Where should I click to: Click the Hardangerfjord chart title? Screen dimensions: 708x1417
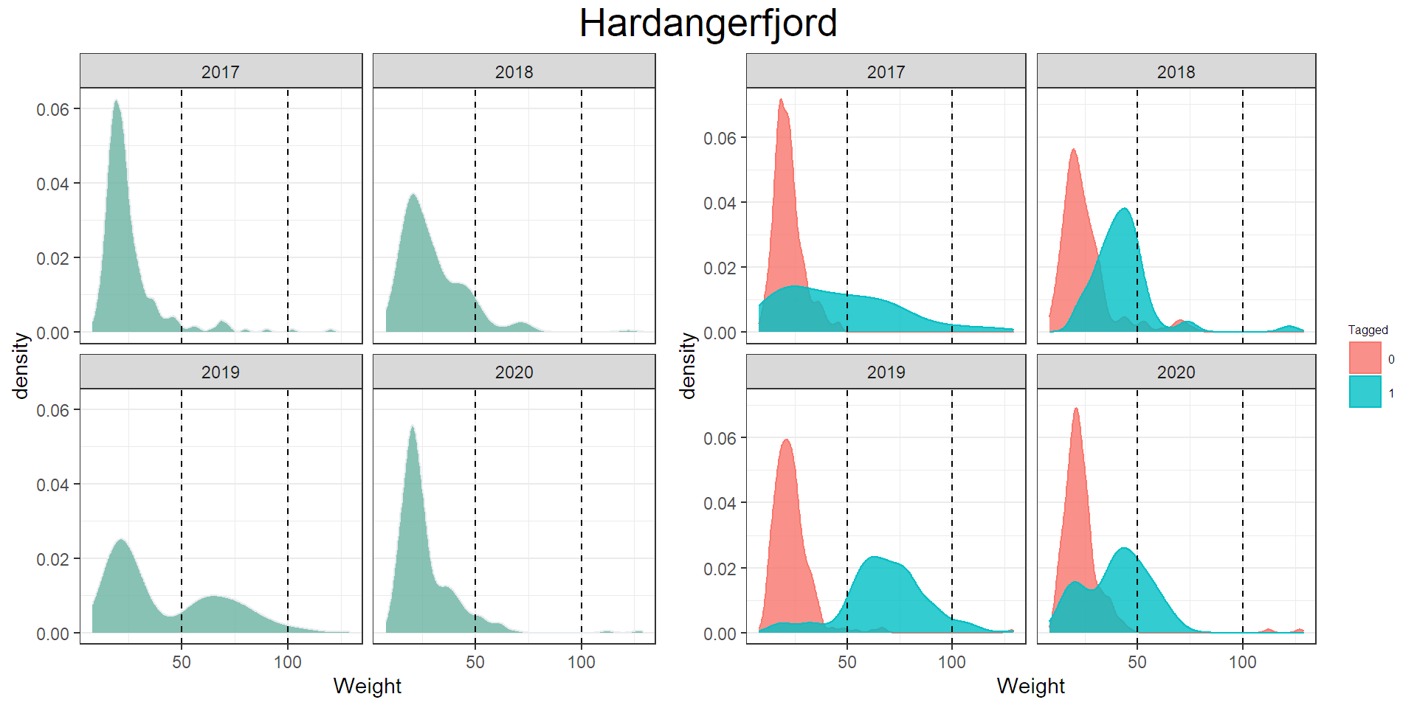click(708, 24)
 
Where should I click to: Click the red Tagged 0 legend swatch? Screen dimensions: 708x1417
click(1365, 358)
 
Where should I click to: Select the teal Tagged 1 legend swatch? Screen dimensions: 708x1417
click(1365, 392)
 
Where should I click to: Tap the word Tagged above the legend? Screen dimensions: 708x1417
click(1368, 330)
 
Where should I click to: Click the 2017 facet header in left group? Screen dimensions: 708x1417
click(221, 72)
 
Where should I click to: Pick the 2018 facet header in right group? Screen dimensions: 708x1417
click(1176, 72)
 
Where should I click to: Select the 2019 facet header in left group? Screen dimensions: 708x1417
click(221, 372)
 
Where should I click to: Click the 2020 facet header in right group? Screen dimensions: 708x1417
click(1176, 372)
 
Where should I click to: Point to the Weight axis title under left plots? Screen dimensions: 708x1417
click(367, 686)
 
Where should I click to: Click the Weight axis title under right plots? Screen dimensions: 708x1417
click(1030, 686)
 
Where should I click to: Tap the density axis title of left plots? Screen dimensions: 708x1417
click(21, 365)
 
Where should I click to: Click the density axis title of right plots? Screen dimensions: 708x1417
click(688, 365)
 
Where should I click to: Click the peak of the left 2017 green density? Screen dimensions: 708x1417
click(116, 102)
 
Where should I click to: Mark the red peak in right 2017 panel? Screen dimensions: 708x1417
click(781, 100)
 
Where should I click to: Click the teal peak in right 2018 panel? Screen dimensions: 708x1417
click(1124, 209)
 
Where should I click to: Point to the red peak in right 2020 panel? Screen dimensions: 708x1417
click(1076, 409)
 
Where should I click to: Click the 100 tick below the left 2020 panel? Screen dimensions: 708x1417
click(581, 662)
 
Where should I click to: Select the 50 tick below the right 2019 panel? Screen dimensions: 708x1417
click(847, 662)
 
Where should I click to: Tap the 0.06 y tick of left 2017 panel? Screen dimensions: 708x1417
click(52, 109)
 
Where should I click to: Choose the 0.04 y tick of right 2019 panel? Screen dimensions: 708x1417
click(719, 503)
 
